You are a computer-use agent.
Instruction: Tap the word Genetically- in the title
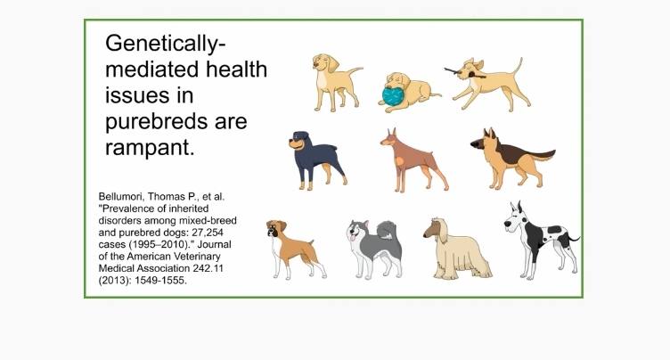click(166, 44)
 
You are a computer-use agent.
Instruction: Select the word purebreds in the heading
click(156, 122)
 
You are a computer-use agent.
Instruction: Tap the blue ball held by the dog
click(393, 96)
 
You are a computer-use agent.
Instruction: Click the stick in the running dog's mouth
click(462, 73)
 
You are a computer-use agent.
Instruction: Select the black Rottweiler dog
click(316, 160)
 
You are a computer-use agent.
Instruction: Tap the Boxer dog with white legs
click(296, 250)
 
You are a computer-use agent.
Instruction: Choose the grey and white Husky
click(375, 249)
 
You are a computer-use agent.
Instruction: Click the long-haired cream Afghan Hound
click(457, 249)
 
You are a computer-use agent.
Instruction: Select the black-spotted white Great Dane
click(541, 241)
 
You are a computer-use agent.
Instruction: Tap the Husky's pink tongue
click(353, 237)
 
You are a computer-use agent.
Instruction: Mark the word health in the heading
click(236, 70)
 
